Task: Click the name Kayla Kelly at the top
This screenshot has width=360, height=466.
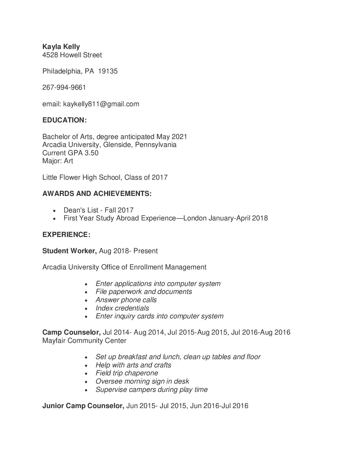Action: (61, 47)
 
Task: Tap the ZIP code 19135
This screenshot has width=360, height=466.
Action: (108, 71)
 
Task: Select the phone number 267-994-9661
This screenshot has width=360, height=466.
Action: (64, 87)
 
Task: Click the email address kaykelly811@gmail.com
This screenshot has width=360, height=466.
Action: (101, 104)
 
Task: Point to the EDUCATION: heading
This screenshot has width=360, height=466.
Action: (65, 120)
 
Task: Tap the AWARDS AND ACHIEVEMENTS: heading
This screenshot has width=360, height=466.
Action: (97, 194)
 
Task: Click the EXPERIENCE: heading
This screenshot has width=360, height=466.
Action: (66, 235)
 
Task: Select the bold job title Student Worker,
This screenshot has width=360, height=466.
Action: (69, 251)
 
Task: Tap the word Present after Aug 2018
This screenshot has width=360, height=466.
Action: (146, 251)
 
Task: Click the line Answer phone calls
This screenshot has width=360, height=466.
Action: (126, 300)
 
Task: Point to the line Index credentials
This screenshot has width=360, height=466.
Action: (122, 308)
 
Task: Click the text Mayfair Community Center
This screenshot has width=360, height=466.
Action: (84, 340)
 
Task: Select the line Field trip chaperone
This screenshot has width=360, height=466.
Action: (127, 373)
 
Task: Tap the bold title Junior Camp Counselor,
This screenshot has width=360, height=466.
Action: (83, 406)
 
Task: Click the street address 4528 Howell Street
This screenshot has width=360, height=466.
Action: (72, 55)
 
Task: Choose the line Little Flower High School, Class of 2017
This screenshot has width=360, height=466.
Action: (105, 177)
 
